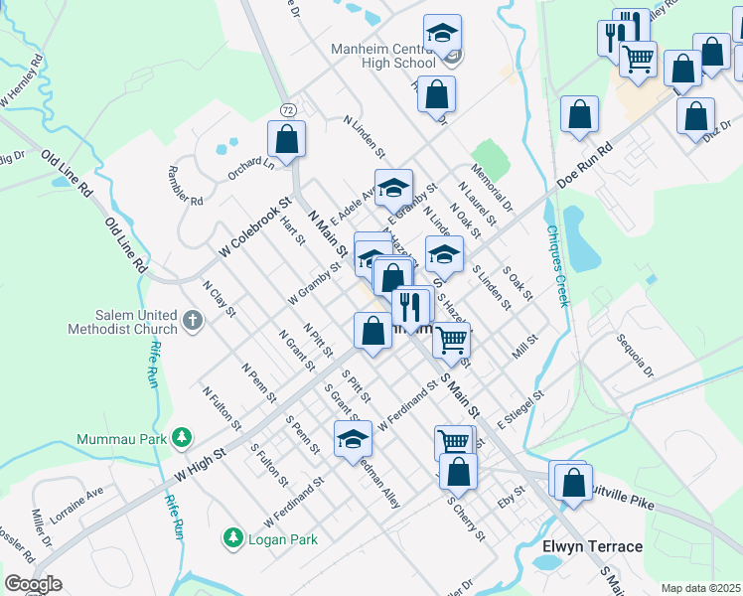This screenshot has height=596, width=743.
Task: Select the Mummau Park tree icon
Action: pos(182,437)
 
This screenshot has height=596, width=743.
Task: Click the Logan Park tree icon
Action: pos(233,538)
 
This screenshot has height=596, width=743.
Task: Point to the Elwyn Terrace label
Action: pos(592,546)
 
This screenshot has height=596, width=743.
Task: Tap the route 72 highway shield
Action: pos(286,106)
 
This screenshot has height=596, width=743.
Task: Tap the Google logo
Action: pos(34,584)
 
